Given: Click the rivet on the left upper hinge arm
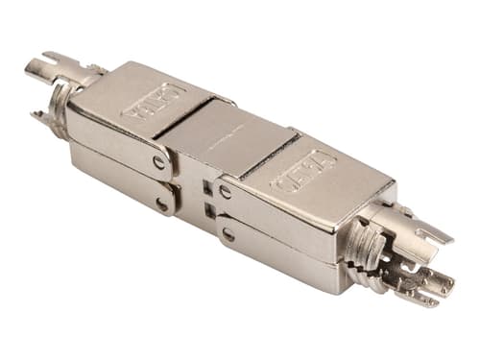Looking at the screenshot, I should [158, 162].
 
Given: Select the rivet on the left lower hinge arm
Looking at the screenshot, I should [162, 203].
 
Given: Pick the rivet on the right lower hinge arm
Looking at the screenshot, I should [228, 233].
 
